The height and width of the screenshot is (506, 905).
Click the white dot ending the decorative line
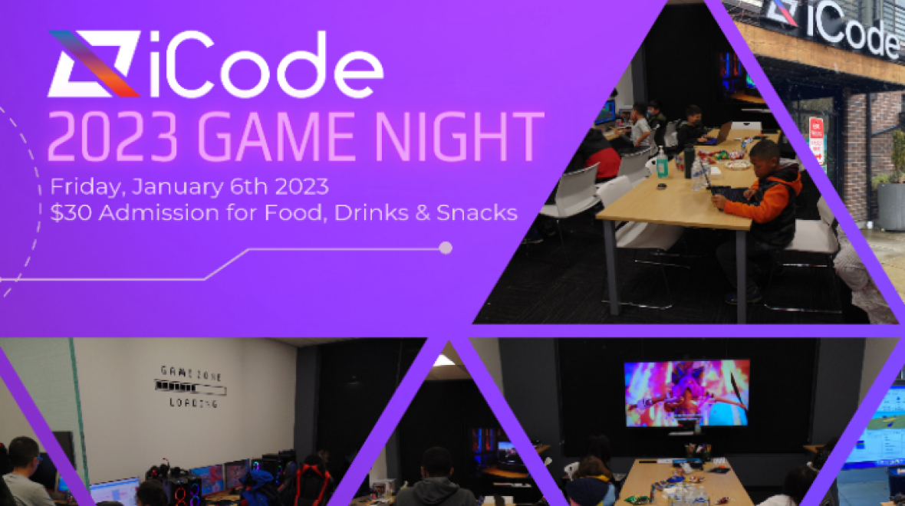coord(445,248)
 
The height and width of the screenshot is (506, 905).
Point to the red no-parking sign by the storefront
coord(817,139)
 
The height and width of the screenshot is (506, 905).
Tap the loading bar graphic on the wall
coord(190,386)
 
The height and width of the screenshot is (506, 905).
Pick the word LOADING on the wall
coord(191,402)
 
